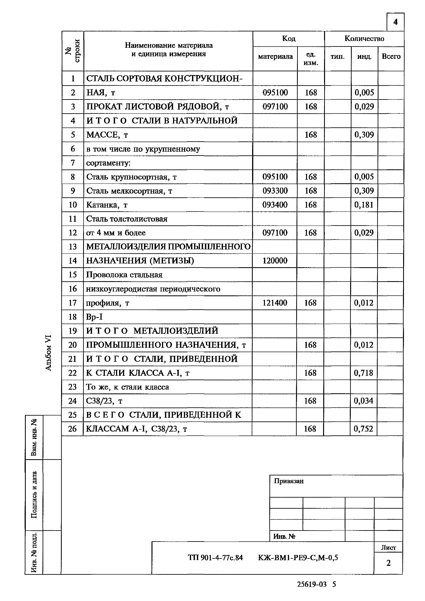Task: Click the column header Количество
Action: tap(364, 39)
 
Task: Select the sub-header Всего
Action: tap(391, 57)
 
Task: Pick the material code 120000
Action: tap(275, 260)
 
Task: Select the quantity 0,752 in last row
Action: tap(363, 429)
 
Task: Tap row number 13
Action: tap(72, 247)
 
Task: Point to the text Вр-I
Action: tap(94, 317)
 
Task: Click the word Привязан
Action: tap(289, 481)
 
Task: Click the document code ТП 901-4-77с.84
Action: tap(215, 558)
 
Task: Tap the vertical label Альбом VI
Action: tap(49, 353)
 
